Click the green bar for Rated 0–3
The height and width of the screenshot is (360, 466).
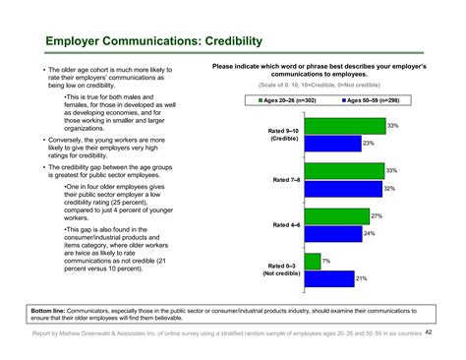pyautogui.click(x=312, y=261)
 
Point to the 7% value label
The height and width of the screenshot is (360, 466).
pyautogui.click(x=325, y=261)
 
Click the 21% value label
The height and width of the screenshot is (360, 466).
pyautogui.click(x=361, y=278)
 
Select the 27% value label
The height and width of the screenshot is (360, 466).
pyautogui.click(x=376, y=215)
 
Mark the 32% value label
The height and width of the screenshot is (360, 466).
pyautogui.click(x=389, y=188)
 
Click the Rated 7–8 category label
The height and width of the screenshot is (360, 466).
pyautogui.click(x=287, y=180)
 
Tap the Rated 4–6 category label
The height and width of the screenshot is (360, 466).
pyautogui.click(x=287, y=225)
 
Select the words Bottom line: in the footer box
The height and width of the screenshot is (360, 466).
pyautogui.click(x=49, y=310)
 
